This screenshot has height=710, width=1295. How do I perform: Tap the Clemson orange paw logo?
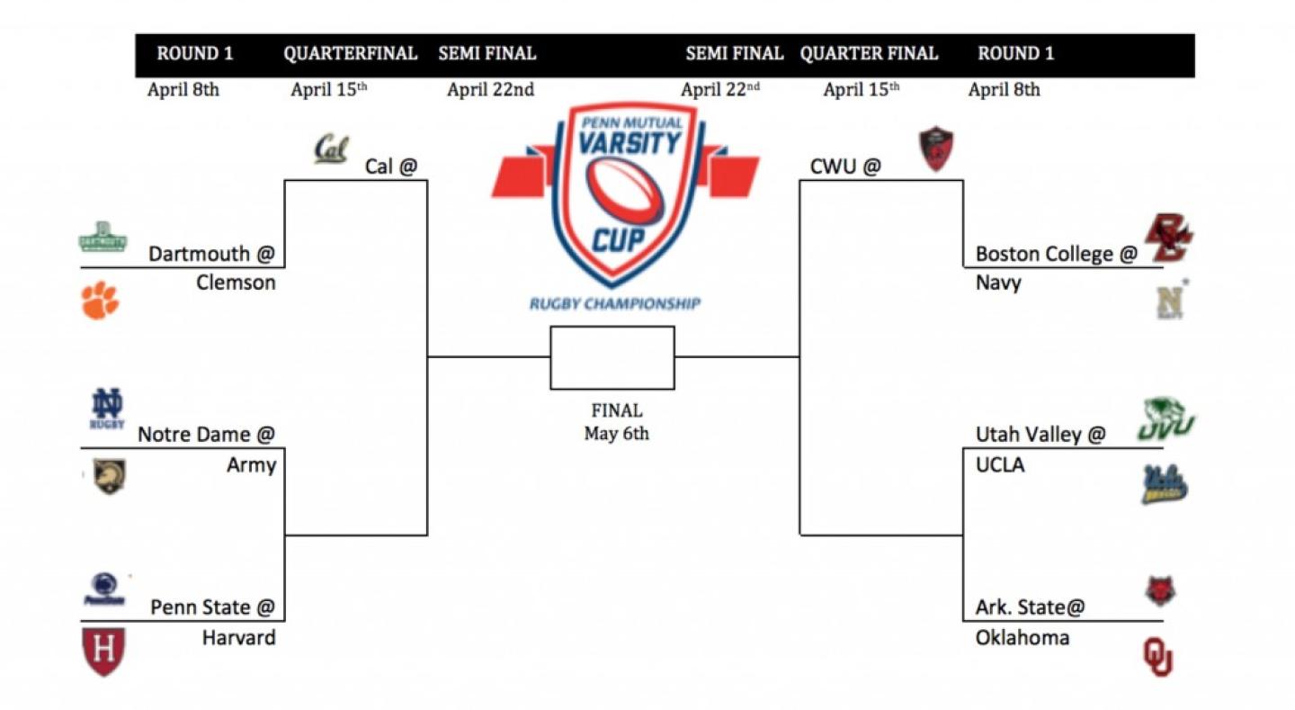100,301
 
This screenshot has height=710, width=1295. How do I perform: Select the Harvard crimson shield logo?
103,652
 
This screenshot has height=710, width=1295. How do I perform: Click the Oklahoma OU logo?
1157,656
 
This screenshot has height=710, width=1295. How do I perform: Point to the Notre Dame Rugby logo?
107,409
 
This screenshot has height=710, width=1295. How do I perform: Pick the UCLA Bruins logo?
1165,484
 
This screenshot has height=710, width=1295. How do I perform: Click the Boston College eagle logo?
1167,238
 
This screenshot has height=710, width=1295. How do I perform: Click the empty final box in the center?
612,357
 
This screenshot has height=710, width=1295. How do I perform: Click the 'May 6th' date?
616,434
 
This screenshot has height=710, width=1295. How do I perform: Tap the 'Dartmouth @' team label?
210,254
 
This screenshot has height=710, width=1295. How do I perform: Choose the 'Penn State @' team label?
212,607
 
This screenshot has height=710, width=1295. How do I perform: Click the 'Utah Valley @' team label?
1040,435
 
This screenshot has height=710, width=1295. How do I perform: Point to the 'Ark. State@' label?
1031,607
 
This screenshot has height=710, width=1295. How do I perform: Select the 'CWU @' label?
845,166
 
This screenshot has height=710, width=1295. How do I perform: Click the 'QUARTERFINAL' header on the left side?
351,54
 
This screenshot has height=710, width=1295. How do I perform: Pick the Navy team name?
998,283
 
